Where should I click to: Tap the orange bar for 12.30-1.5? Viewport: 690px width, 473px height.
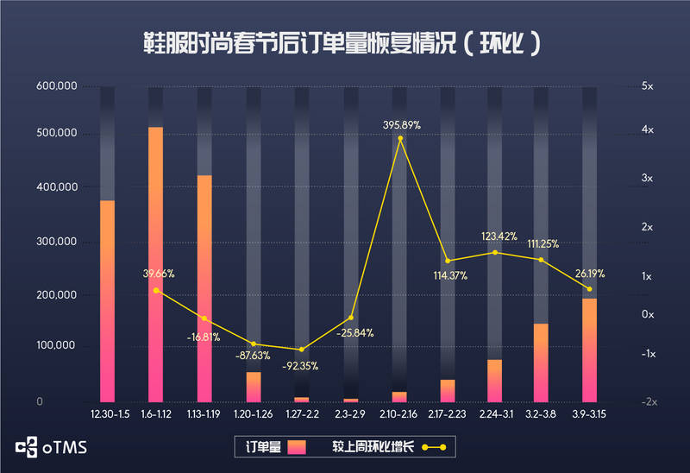[x=107, y=300]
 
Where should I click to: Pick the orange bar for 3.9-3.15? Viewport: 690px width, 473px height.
[x=589, y=350]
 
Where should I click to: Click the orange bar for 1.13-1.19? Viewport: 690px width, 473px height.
[x=204, y=288]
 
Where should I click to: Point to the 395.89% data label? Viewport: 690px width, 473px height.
[x=402, y=125]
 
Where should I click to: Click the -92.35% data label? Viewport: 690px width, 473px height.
[x=300, y=365]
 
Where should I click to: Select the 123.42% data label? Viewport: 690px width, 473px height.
[x=499, y=236]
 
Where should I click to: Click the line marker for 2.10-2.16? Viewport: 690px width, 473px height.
[x=400, y=138]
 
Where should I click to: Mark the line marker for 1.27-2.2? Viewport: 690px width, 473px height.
[x=301, y=350]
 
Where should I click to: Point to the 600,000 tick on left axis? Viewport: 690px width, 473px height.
[x=57, y=86]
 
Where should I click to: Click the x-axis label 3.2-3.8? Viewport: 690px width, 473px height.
[x=542, y=414]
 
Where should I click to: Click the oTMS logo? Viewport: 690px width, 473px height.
[x=52, y=447]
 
